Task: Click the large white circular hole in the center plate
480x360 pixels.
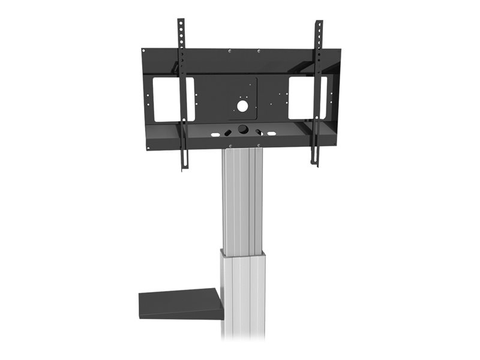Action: click(241, 106)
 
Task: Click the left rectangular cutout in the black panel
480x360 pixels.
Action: click(173, 98)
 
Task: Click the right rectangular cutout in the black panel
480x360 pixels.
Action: click(307, 97)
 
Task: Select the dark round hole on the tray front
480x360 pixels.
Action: click(243, 129)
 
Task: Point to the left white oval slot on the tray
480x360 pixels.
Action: click(215, 133)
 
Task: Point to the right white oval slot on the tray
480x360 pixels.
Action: click(272, 133)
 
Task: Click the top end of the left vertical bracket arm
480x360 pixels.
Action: click(180, 22)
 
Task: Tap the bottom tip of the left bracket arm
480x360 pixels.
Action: click(184, 166)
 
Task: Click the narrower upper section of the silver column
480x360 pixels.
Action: click(242, 198)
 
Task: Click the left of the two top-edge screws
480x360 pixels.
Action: click(230, 51)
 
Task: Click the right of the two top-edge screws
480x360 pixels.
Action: click(259, 51)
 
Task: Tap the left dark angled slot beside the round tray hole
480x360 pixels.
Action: click(228, 131)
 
